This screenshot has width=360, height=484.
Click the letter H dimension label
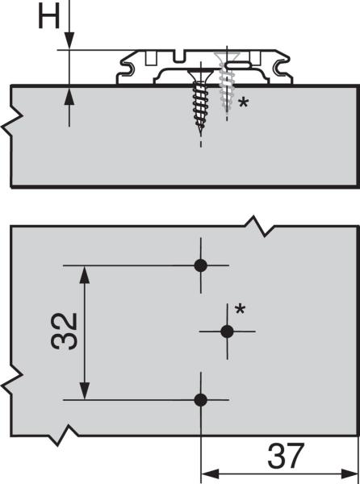tap(48, 17)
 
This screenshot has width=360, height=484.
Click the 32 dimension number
tap(65, 332)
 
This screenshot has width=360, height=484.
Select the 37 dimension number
tap(286, 456)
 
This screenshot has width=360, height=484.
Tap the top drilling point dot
tap(201, 265)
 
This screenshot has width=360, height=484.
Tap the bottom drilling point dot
tap(201, 400)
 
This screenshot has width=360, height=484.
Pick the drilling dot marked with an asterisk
tap(228, 332)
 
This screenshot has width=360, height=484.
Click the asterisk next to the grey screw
tap(243, 102)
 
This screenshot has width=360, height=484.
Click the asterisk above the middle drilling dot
tap(240, 309)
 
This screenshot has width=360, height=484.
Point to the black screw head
tap(201, 75)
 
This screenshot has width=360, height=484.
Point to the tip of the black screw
tap(201, 135)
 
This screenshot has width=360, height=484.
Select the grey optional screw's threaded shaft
tap(226, 88)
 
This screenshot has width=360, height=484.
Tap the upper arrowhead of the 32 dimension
tap(85, 275)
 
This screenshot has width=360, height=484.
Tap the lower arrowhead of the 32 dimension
tap(85, 390)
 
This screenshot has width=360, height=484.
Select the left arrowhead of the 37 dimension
tap(210, 474)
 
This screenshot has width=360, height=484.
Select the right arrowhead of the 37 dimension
tap(350, 474)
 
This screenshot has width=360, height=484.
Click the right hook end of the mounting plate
tap(282, 68)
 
